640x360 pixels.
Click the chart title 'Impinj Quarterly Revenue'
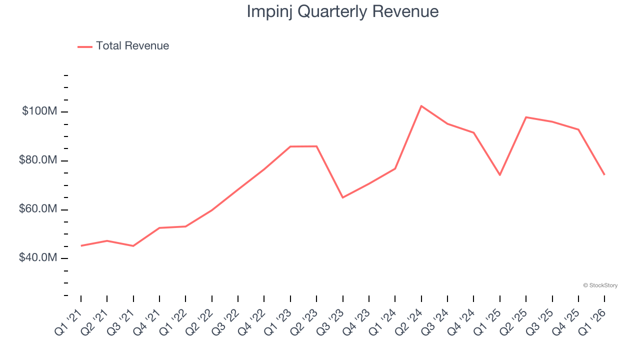[x=342, y=11]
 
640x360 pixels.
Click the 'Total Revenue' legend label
[x=132, y=46]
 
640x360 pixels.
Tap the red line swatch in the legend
[x=85, y=46]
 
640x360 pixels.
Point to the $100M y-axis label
[x=39, y=111]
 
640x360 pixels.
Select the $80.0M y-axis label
[x=38, y=160]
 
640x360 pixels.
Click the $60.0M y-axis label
[x=38, y=209]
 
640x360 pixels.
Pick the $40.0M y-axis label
[x=38, y=258]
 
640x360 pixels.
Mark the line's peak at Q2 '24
[x=421, y=106]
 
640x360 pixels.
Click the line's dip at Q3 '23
[x=342, y=197]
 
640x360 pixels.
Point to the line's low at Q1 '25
[x=500, y=175]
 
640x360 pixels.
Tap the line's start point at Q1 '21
[x=81, y=245]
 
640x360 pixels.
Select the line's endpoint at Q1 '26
[x=604, y=174]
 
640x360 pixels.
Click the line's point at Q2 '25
[x=526, y=117]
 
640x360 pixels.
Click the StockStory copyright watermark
[x=600, y=285]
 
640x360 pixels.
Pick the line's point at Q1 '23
[x=290, y=146]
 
